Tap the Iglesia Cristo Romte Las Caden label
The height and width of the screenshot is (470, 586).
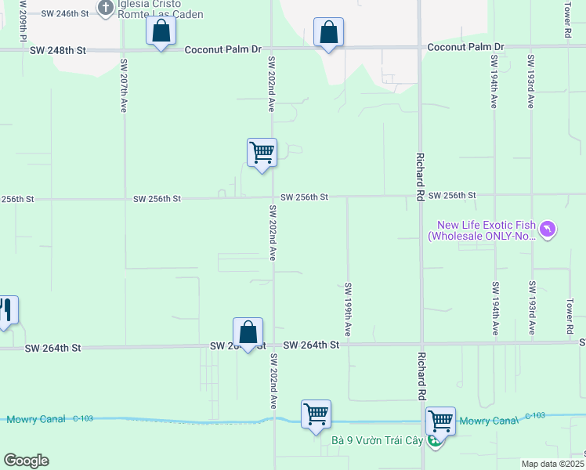click(160, 9)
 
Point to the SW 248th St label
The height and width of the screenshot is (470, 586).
click(58, 50)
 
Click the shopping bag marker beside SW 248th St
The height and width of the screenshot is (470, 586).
click(161, 32)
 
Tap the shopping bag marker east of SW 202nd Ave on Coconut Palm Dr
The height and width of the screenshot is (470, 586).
click(329, 34)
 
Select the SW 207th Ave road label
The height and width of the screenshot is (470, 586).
click(124, 84)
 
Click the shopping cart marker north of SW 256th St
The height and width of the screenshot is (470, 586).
click(262, 153)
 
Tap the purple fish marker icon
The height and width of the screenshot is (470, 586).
click(548, 230)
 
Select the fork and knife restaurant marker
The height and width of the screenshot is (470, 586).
click(6, 311)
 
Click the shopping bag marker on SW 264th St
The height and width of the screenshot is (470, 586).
click(248, 333)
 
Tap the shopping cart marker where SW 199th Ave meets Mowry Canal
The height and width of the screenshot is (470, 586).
click(316, 414)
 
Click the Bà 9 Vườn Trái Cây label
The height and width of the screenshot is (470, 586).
click(377, 441)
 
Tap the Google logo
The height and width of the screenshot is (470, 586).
click(26, 461)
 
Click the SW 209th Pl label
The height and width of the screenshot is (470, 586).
click(24, 20)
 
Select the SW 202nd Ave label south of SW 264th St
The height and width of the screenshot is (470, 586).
click(273, 381)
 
